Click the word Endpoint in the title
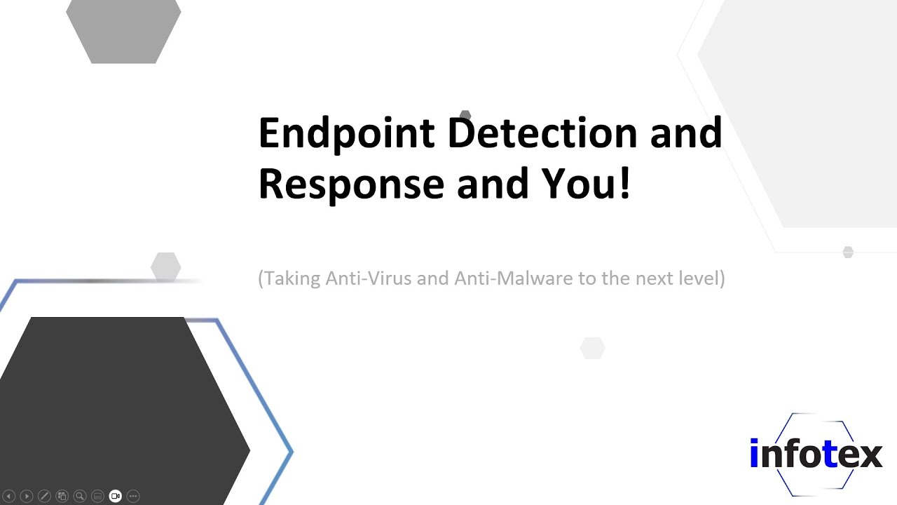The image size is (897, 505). pos(346,133)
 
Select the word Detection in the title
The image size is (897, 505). pos(542,133)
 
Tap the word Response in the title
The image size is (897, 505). pos(351,184)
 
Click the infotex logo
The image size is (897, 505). pos(815,454)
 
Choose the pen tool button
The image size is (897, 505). pos(44,496)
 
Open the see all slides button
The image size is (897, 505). pos(62,496)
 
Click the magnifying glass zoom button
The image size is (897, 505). pos(80,496)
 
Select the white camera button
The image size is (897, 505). pos(116,496)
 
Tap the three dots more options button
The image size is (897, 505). pos(133,496)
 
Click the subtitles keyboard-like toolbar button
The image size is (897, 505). pos(97,496)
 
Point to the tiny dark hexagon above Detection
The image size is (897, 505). pos(465,115)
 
